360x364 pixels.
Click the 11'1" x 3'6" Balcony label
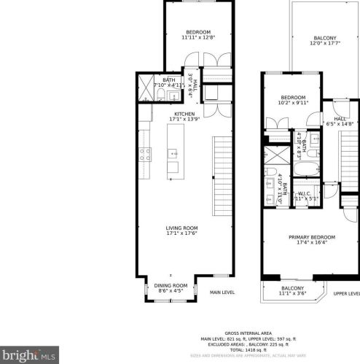pos(294,290)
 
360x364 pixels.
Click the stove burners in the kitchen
pos(144,154)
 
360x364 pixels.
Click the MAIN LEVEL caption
pos(222,293)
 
